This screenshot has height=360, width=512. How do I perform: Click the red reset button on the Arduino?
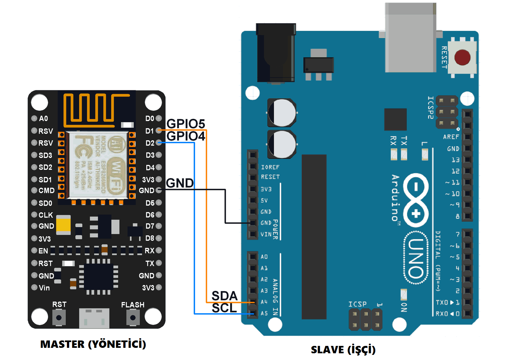tap(462, 58)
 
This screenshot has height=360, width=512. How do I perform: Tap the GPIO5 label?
tap(186, 124)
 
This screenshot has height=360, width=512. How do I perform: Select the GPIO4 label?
tap(186, 136)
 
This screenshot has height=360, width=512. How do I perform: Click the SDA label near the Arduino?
tap(224, 296)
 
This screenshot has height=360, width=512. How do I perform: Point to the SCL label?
tap(224, 308)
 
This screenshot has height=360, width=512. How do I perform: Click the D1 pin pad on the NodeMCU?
tap(159, 130)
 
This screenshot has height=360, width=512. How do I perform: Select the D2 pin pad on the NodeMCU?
tap(159, 143)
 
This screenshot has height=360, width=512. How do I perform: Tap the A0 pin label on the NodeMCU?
tap(43, 119)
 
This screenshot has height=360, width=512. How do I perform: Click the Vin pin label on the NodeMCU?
tap(44, 288)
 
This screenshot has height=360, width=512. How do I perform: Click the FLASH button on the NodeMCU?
tap(133, 318)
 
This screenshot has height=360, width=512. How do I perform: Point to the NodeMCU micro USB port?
tap(94, 318)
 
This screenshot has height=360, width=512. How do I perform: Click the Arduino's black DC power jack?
tap(276, 53)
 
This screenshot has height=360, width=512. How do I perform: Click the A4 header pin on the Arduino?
tap(253, 302)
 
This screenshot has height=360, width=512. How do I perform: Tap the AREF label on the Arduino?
tap(451, 137)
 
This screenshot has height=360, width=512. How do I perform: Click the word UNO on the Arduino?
tap(416, 258)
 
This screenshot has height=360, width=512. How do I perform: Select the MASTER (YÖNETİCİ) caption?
tap(93, 344)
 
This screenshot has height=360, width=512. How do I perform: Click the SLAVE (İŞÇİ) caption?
tap(343, 349)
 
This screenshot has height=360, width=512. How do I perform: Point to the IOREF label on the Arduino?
tap(270, 167)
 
